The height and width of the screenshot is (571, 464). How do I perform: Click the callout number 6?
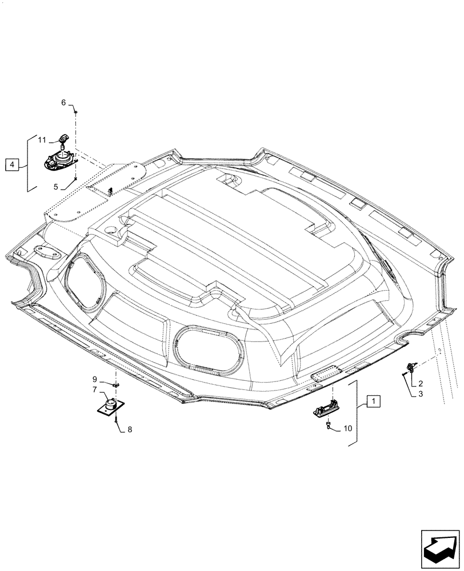(x=65, y=102)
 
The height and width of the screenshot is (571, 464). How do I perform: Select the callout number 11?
(x=42, y=139)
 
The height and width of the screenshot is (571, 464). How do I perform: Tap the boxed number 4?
(x=12, y=165)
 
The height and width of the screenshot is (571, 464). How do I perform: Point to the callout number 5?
(x=57, y=186)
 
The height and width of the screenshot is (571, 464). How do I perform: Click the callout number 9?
(x=95, y=379)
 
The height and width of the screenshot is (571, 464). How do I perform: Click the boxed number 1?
(x=372, y=401)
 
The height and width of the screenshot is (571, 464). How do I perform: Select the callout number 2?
(x=420, y=383)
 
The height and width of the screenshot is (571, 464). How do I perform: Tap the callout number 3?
(x=420, y=393)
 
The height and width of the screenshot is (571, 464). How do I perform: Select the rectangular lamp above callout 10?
(x=327, y=411)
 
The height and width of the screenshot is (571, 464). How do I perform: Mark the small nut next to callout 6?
(x=77, y=112)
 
